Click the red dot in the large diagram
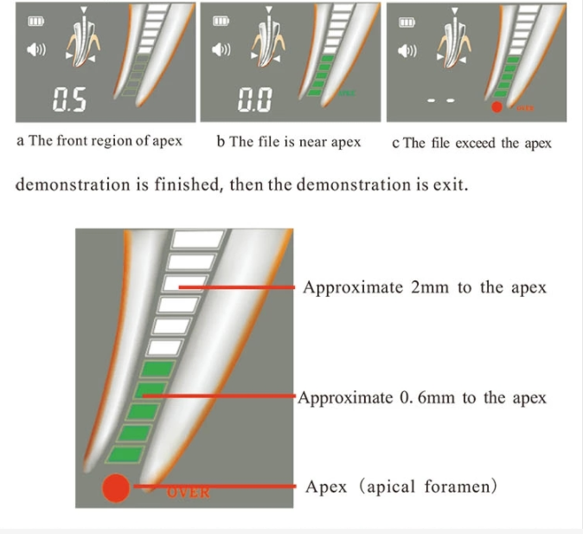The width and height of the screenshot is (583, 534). (115, 489)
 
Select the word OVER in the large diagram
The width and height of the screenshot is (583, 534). (188, 492)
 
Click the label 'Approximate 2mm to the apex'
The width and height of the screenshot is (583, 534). (424, 287)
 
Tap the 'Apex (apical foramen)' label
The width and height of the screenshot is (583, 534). (401, 486)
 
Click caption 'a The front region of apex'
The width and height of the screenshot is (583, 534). (99, 141)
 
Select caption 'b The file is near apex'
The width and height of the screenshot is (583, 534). (289, 141)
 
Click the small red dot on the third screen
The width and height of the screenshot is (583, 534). (497, 108)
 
